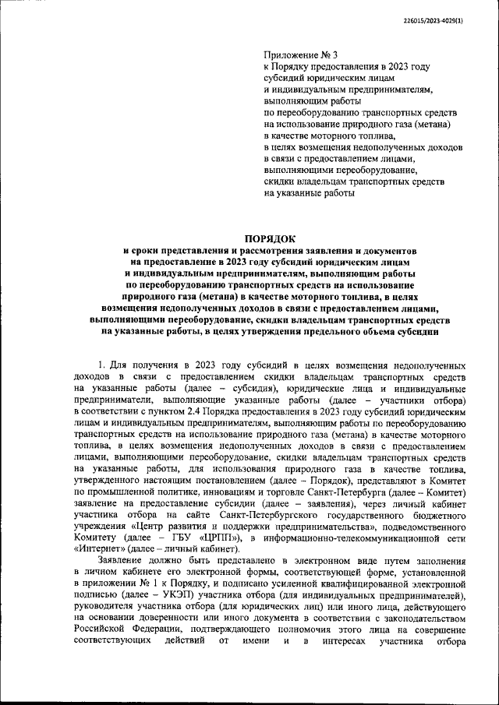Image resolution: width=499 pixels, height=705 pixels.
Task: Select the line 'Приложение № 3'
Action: (x=301, y=55)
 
